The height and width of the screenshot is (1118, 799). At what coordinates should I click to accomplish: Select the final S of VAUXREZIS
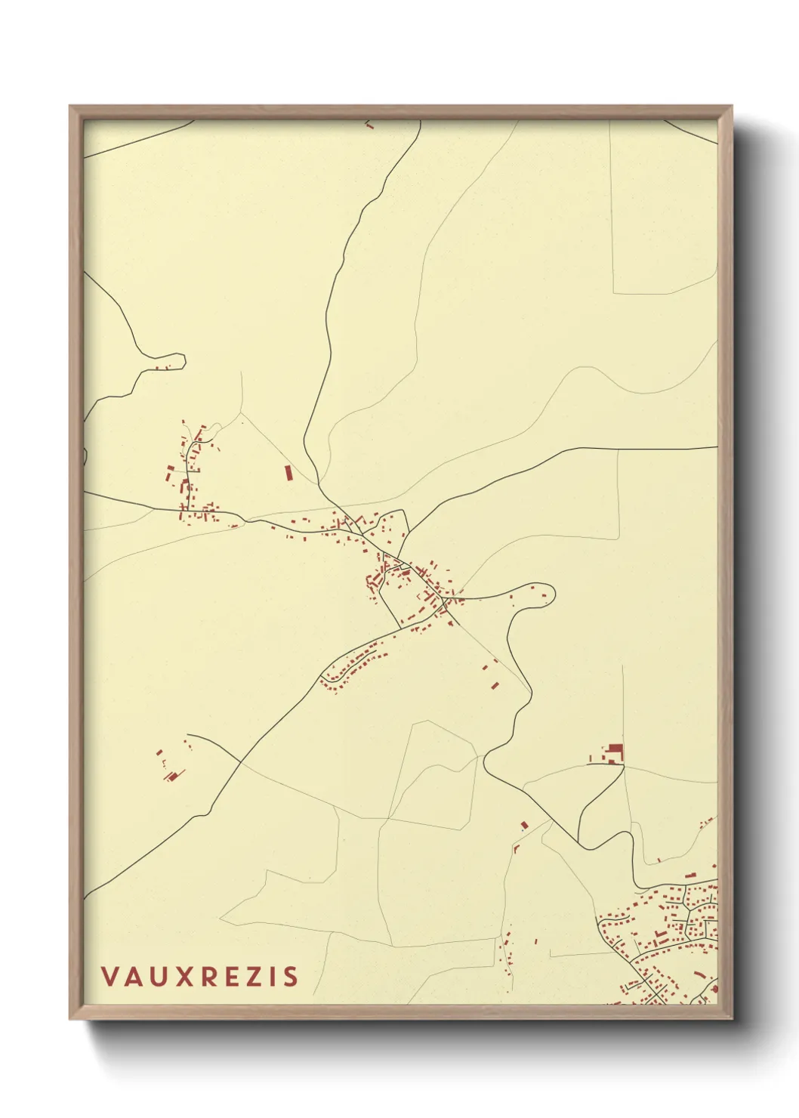(x=291, y=977)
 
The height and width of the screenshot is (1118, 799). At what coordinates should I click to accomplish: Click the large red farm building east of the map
(x=616, y=751)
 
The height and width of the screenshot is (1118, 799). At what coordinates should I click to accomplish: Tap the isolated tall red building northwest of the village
(x=287, y=473)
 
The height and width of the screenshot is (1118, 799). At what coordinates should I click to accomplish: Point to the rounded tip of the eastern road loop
(x=552, y=595)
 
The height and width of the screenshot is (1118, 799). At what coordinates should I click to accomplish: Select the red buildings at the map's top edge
(x=369, y=125)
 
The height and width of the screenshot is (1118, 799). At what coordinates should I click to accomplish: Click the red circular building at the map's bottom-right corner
(x=713, y=989)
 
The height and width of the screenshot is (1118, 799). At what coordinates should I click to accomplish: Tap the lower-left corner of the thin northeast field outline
(x=613, y=293)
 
